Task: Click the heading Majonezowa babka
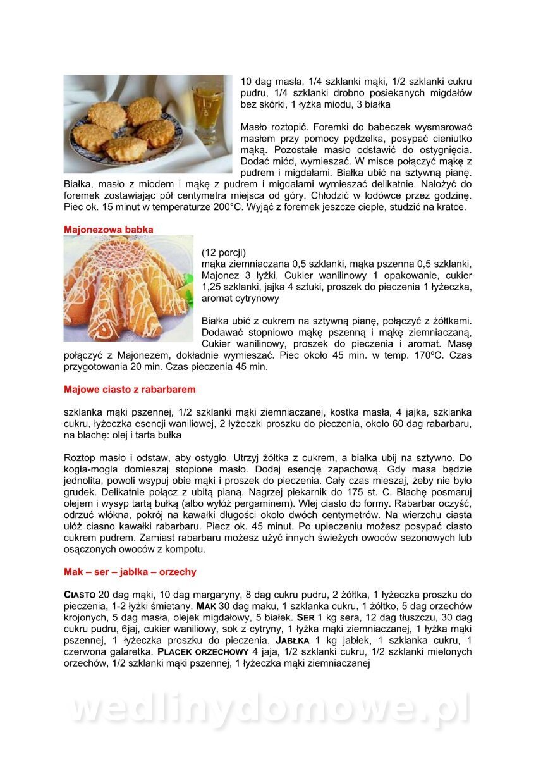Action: point(109,230)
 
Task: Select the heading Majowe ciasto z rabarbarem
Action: point(130,389)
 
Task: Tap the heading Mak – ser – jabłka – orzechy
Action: point(130,572)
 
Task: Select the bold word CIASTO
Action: point(80,595)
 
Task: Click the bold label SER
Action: point(305,618)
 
